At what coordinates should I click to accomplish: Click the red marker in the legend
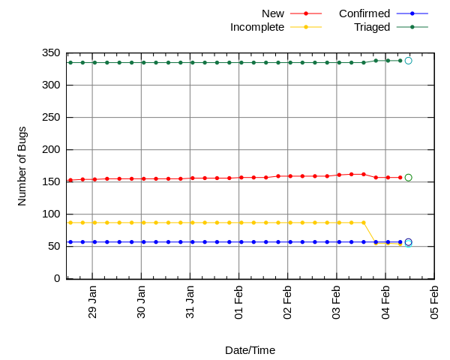(306, 13)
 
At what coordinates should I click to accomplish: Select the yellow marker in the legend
(306, 27)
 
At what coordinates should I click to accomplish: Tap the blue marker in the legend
(412, 13)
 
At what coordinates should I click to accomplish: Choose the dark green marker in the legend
(412, 27)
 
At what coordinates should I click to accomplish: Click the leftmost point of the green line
(70, 62)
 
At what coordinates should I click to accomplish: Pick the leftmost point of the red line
(70, 180)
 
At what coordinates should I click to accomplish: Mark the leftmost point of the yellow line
(70, 223)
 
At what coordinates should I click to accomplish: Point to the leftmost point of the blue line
(70, 242)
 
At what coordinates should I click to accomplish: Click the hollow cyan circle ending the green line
(408, 61)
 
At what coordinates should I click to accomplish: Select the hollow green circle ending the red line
(408, 178)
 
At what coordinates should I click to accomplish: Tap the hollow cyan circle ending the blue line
(408, 244)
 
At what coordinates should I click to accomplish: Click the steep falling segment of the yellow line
(370, 233)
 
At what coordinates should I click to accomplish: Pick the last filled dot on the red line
(400, 178)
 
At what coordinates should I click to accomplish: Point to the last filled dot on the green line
(400, 61)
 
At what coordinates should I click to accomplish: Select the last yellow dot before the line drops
(364, 223)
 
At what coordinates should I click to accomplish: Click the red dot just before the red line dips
(364, 174)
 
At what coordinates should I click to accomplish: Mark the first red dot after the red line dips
(376, 178)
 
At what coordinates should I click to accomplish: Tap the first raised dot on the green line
(376, 61)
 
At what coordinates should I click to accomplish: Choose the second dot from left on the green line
(82, 62)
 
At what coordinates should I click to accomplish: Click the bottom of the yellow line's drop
(376, 244)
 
